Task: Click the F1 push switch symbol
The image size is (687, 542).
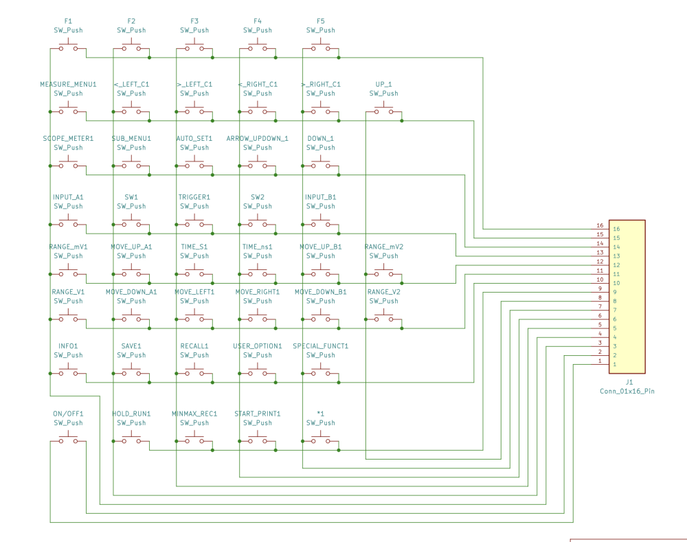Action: (68, 47)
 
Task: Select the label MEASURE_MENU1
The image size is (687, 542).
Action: (68, 84)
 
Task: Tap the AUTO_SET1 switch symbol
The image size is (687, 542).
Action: (194, 164)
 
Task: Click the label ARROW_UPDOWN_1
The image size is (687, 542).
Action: (258, 139)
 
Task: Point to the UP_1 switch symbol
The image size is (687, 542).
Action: (383, 110)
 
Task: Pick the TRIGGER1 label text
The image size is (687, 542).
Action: (194, 197)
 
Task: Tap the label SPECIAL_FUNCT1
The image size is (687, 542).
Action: (321, 346)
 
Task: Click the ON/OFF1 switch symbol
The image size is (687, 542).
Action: (68, 440)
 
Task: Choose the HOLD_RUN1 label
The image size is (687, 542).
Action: (131, 414)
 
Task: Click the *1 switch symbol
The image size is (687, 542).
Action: (321, 440)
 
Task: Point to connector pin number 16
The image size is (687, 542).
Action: (600, 225)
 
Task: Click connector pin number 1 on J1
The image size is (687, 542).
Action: (600, 361)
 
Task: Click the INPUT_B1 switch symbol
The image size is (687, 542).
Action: (321, 223)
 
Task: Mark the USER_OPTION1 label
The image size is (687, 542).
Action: (258, 346)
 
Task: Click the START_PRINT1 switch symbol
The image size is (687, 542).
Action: (258, 440)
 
